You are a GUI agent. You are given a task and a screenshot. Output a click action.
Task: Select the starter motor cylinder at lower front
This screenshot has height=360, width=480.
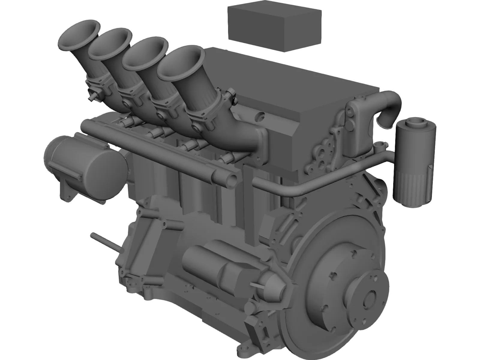[210, 264]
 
